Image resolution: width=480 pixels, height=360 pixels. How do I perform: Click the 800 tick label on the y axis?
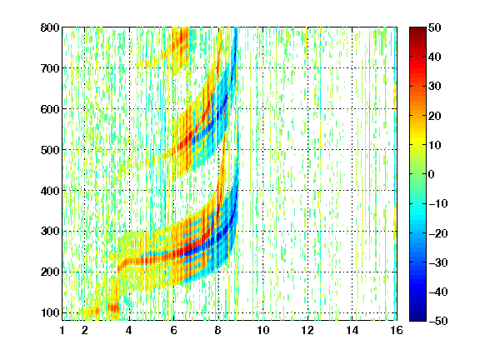(50, 27)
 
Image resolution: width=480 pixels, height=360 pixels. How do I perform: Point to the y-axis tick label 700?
(50, 68)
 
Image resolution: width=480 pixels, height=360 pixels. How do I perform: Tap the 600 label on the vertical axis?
(50, 109)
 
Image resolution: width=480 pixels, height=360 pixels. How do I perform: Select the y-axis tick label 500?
(50, 150)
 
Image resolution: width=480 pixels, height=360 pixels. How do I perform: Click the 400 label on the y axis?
(50, 191)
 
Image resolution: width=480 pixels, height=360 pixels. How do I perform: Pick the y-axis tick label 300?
(50, 232)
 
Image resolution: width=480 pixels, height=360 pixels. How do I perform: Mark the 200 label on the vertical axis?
(50, 272)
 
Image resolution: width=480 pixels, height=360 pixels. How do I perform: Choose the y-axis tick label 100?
(50, 312)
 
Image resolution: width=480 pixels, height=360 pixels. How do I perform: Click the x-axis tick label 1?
(62, 330)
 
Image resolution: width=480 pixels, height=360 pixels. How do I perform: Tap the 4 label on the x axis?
(129, 330)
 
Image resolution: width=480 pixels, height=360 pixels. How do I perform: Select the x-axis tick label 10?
(263, 330)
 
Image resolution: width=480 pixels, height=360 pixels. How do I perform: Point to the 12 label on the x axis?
(307, 330)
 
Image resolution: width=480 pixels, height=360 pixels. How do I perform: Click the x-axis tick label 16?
(397, 330)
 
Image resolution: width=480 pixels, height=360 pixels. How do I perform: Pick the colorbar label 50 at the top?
(435, 27)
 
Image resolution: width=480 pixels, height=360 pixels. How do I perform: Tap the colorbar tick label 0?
(432, 174)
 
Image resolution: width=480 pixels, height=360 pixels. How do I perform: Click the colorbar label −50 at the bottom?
(438, 321)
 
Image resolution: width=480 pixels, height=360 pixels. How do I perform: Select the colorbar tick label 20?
(435, 116)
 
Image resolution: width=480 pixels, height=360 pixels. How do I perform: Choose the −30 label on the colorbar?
(438, 262)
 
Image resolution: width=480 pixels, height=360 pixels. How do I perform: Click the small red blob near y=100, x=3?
(113, 307)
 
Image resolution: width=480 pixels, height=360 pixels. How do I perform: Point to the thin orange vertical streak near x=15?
(369, 128)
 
